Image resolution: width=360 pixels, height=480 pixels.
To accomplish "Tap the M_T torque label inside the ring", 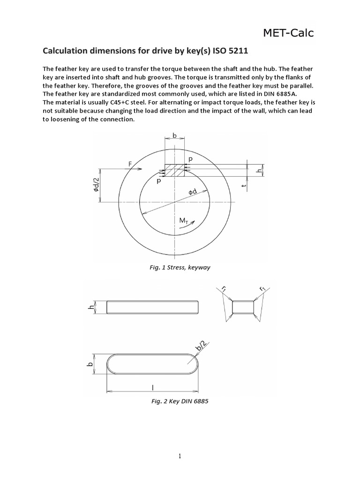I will tap(183, 220).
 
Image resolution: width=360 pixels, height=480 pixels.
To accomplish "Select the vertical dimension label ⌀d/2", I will tap(93, 185).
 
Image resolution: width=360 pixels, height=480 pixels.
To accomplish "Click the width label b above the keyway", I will tap(174, 135).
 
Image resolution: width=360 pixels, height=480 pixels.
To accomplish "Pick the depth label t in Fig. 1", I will tap(244, 186).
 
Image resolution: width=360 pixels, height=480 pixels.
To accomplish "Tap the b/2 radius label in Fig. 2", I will tap(200, 346).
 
